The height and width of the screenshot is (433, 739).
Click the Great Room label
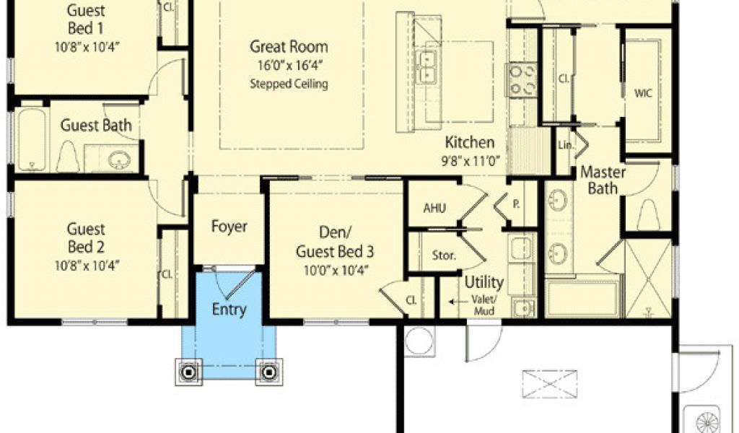pos(289,47)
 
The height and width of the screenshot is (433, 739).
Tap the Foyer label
pos(229,227)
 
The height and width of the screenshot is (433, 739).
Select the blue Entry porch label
pos(229,310)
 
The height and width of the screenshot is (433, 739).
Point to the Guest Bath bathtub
pos(32,139)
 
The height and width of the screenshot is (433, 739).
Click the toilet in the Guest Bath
pos(68,157)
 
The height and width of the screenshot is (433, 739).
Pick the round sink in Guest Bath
pos(119,159)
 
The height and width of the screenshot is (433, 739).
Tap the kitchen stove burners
pos(522,79)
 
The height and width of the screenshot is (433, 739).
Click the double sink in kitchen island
pos(426,66)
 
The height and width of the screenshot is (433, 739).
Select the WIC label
pos(643,93)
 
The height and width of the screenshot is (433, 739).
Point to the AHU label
pos(434,208)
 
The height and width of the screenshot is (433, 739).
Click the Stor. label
pos(444,256)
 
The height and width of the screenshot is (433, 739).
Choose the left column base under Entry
pos(189,372)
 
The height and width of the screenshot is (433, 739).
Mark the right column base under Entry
pos(269,372)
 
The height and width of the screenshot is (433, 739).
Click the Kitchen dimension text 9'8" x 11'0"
pos(470,161)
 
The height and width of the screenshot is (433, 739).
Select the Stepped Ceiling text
pos(289,84)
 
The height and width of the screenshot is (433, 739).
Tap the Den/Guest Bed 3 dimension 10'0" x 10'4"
pos(334,271)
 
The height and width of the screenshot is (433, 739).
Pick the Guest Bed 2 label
pos(86,238)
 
